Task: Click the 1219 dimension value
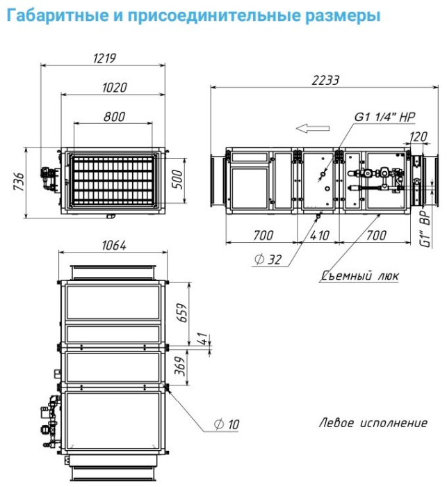(104, 58)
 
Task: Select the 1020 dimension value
(115, 88)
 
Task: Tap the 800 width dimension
(114, 117)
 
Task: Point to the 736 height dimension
(19, 182)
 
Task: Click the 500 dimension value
(177, 179)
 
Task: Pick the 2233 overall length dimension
(325, 80)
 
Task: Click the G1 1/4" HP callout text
(384, 117)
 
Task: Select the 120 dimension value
(418, 136)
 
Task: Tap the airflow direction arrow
(313, 128)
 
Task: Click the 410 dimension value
(319, 235)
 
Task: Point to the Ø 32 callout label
(268, 260)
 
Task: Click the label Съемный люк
(359, 276)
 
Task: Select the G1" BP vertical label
(425, 228)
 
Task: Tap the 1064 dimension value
(114, 246)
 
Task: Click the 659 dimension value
(183, 313)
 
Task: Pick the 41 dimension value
(202, 339)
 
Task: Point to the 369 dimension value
(180, 366)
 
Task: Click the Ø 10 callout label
(227, 424)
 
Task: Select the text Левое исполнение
(373, 423)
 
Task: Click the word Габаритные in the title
(58, 15)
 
